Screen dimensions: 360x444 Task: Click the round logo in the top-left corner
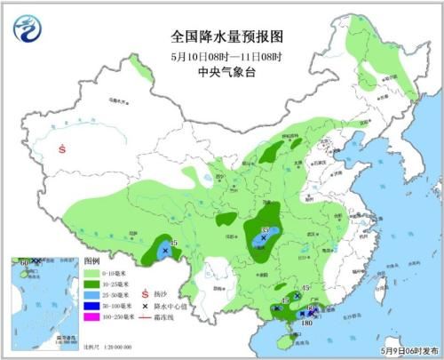click(x=28, y=29)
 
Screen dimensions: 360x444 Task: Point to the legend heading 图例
click(x=91, y=265)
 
